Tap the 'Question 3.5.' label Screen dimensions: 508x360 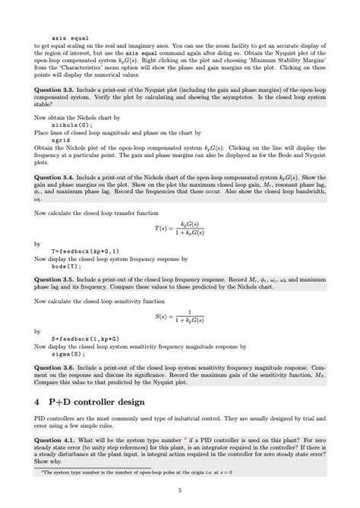(53, 279)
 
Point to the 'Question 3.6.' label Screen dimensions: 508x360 (53, 367)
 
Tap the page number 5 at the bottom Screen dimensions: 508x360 (180, 491)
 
